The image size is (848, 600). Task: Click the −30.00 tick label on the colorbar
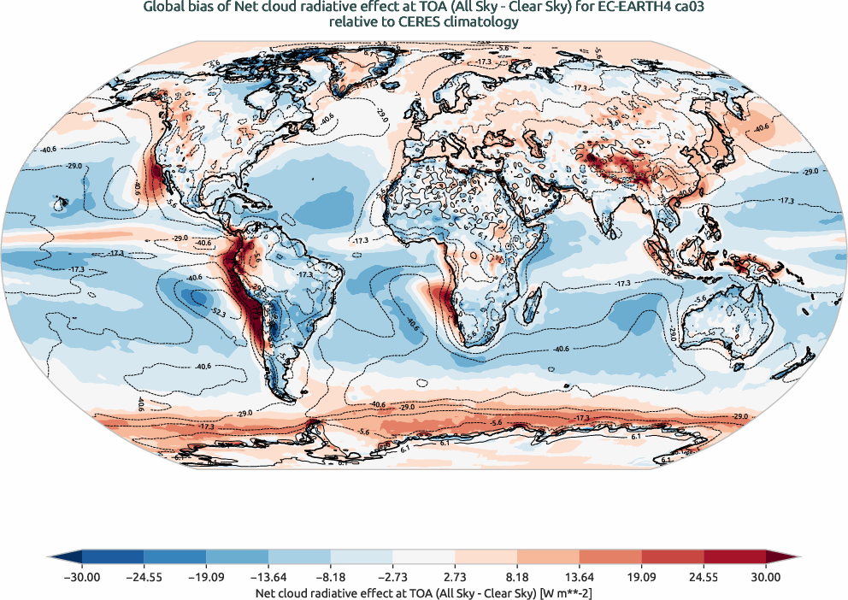pyautogui.click(x=82, y=577)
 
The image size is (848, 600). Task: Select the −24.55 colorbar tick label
pyautogui.click(x=144, y=577)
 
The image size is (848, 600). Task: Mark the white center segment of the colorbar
pyautogui.click(x=424, y=560)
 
